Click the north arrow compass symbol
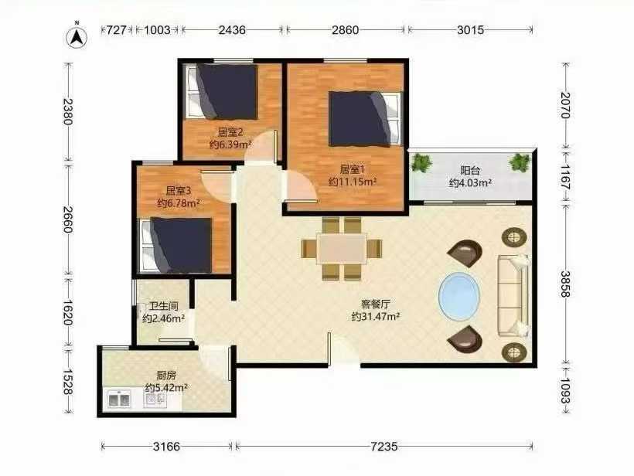(77, 37)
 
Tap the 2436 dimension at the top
(232, 30)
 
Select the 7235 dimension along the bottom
(384, 447)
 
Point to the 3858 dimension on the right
(565, 284)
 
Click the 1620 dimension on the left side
(67, 313)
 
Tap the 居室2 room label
(230, 132)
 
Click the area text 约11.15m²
(353, 182)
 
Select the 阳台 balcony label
(470, 170)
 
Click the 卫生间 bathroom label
(164, 306)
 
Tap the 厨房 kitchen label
(166, 375)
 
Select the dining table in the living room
(342, 249)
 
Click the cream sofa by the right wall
(513, 295)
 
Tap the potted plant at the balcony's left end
(421, 163)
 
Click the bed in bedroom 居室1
(365, 119)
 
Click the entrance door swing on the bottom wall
(344, 350)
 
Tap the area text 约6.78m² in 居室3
(179, 203)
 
